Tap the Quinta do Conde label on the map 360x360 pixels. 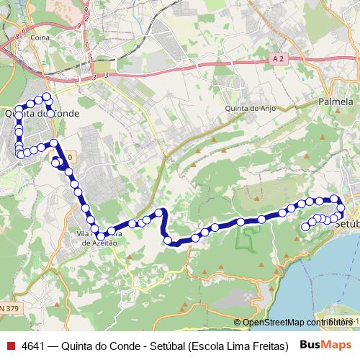[41, 113]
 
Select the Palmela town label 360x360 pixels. [335, 102]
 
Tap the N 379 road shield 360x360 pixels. [8, 307]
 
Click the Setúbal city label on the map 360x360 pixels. [348, 225]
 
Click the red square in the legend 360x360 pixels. [10, 344]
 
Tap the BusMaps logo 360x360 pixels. [328, 343]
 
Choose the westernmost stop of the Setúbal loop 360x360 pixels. [305, 226]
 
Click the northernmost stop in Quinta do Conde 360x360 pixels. [46, 96]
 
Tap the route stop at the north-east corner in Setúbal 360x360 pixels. [334, 198]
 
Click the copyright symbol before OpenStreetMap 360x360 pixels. [238, 322]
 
